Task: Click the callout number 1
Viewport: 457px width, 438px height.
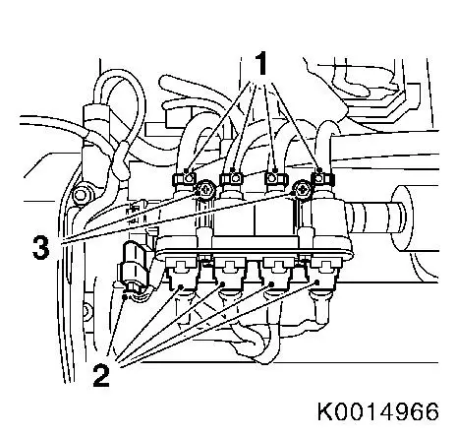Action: [261, 63]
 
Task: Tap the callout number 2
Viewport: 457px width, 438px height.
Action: [101, 376]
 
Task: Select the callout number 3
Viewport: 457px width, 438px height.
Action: [41, 248]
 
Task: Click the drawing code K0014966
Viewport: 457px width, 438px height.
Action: [378, 411]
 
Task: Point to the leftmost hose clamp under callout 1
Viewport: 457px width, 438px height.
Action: [184, 179]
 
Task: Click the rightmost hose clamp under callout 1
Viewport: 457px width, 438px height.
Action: [322, 179]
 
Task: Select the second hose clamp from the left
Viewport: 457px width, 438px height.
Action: [231, 179]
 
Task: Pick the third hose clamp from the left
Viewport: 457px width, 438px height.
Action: [276, 179]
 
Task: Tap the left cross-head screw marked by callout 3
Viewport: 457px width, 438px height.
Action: [205, 190]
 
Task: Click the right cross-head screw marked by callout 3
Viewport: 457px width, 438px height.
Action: [302, 190]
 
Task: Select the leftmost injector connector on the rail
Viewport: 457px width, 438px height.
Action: [182, 274]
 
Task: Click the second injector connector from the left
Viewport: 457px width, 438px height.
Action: [230, 274]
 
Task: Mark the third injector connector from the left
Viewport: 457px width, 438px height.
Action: [278, 274]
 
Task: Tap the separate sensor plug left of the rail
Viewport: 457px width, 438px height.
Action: [134, 268]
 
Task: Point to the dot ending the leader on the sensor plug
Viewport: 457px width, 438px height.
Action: [125, 297]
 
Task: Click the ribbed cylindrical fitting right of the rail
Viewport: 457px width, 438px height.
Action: [376, 218]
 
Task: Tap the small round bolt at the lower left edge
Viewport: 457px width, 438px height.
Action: [86, 310]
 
